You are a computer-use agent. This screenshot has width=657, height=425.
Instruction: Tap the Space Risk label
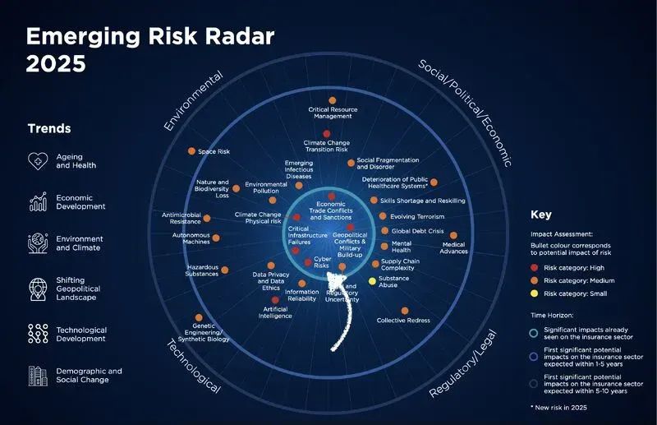[214, 152]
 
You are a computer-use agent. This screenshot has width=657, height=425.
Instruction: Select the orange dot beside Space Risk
[191, 151]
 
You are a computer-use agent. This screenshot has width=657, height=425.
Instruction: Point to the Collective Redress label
[404, 320]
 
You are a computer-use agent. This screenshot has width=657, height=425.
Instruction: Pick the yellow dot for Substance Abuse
[372, 281]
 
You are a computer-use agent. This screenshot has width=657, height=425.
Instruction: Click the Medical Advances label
[454, 247]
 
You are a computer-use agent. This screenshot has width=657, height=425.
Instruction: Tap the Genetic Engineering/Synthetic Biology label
[198, 331]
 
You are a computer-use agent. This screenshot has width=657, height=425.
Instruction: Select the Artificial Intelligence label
[275, 312]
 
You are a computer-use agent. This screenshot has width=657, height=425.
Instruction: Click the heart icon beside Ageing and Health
[38, 161]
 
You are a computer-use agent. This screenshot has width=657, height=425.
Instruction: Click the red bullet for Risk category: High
[534, 267]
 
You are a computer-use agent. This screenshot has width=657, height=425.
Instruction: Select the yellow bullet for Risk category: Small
[534, 293]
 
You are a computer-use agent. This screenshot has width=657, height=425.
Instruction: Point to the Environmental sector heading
[194, 100]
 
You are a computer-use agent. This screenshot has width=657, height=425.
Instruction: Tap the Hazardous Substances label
[203, 270]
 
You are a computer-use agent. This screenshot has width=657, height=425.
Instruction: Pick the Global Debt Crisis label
[417, 231]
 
